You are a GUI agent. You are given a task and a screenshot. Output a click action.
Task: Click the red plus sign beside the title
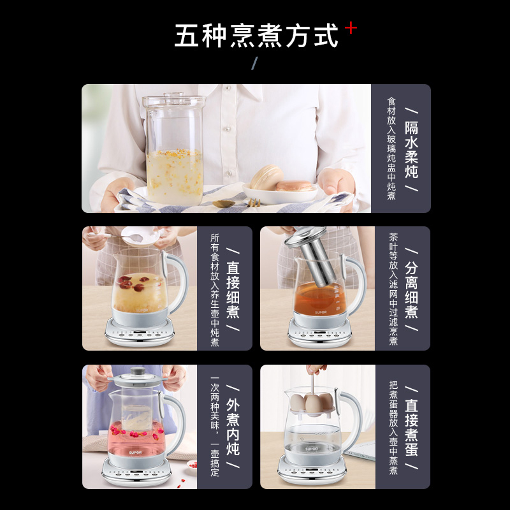tap(351, 28)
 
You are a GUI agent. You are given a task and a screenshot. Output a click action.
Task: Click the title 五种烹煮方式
tap(256, 36)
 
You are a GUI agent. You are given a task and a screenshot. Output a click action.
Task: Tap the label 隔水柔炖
tap(411, 150)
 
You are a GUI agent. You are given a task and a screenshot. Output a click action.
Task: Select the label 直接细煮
tap(233, 290)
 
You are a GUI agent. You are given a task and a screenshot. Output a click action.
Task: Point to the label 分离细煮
tap(411, 290)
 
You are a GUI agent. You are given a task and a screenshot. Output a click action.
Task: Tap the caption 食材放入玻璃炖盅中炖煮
tap(391, 149)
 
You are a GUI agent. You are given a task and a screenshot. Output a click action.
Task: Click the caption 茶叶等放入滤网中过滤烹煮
tap(393, 289)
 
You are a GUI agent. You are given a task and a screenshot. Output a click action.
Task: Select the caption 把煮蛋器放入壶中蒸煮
tap(393, 427)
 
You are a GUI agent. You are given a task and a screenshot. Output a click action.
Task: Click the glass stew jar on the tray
tap(174, 150)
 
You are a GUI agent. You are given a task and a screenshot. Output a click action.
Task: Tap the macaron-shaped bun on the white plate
tap(266, 178)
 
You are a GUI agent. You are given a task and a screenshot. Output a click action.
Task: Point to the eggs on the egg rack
tap(311, 403)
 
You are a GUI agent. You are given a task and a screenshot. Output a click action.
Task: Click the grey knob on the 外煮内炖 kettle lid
tap(138, 371)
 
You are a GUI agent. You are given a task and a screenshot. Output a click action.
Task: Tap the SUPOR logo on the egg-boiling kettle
tap(311, 449)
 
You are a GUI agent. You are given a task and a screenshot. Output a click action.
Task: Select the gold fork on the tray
tap(254, 202)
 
